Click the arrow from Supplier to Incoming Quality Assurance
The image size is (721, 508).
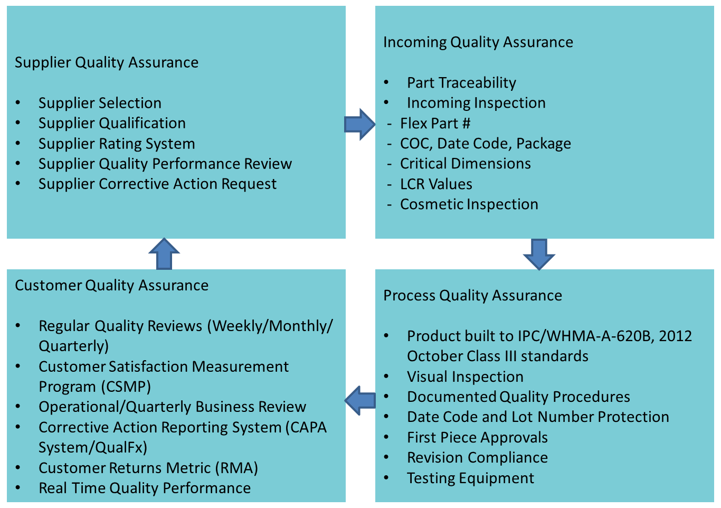359,124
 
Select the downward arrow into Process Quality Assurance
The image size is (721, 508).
539,253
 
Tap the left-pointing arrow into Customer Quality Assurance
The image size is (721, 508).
360,400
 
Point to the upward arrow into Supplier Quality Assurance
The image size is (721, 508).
164,254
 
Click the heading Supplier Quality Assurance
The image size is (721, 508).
107,62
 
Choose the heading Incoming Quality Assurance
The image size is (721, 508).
478,42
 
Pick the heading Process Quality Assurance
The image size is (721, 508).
472,296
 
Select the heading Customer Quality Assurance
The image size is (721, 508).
111,286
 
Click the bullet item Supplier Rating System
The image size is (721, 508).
117,144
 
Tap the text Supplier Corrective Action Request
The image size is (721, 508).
157,184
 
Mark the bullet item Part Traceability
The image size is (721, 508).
461,83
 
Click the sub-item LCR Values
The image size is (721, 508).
436,184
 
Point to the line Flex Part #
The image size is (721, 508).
435,124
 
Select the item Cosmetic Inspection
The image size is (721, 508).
469,204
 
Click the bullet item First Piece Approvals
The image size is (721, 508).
477,438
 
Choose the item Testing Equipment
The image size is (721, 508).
470,478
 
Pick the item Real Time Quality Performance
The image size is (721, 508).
145,488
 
